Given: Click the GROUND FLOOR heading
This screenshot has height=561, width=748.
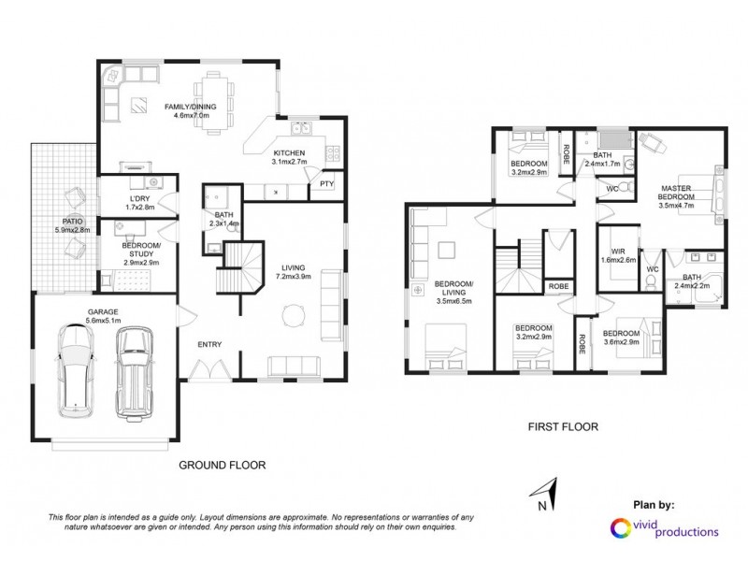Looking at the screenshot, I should point(222,465).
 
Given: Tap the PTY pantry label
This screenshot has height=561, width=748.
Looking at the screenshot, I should point(326,184).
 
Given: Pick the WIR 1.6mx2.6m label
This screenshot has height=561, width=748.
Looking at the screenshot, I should point(618,255).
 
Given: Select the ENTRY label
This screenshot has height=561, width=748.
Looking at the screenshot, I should point(209,345).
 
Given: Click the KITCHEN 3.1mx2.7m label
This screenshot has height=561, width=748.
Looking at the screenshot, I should point(288,157).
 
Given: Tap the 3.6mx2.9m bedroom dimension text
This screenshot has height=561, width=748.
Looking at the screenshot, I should point(620,341).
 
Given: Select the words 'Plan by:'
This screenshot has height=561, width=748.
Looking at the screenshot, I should point(654,505).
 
